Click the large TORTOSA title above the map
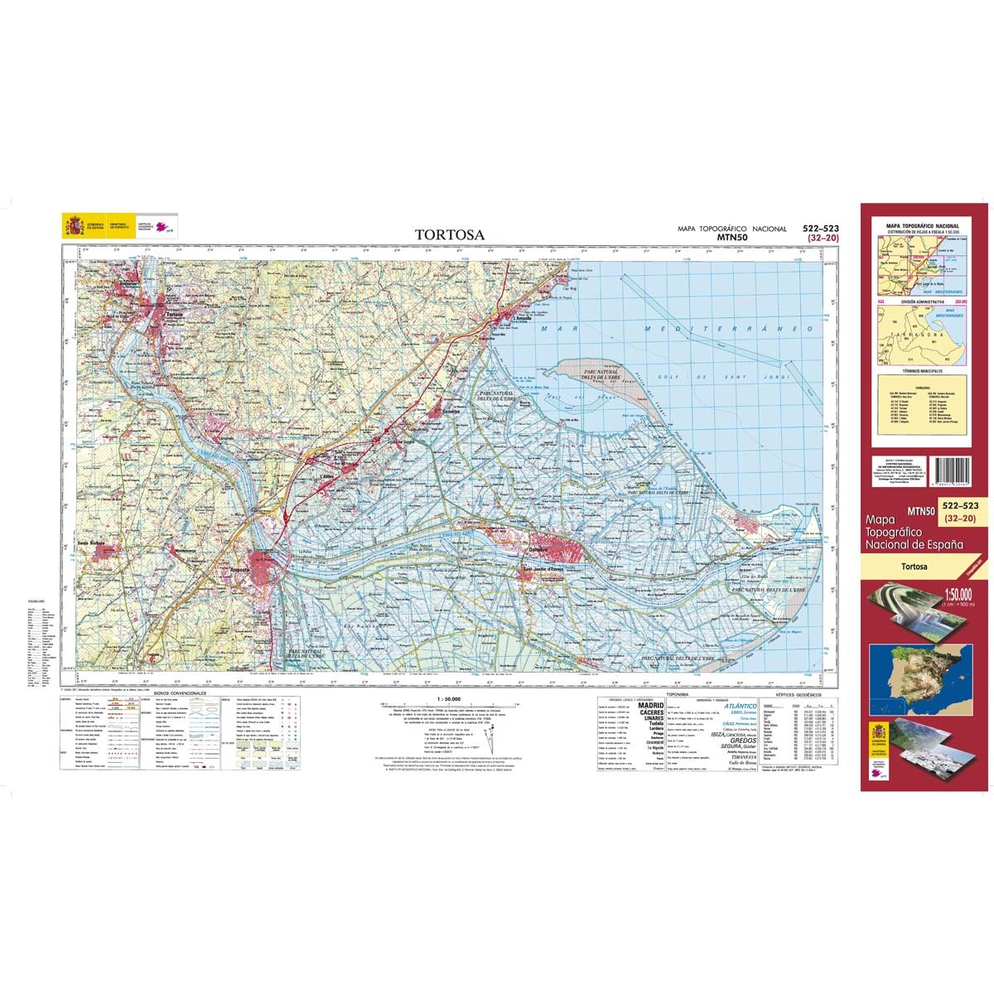click(x=451, y=234)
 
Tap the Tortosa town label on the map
click(x=174, y=315)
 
